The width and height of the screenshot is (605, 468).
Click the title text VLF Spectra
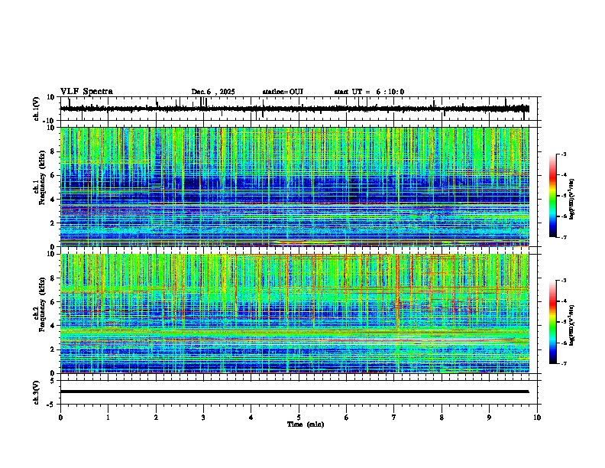pos(86,92)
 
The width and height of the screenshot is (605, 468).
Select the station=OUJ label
pos(283,92)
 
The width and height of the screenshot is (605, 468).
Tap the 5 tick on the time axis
pos(299,418)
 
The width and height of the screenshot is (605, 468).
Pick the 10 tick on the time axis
pos(537,418)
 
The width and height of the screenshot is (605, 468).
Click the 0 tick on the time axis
pos(60,418)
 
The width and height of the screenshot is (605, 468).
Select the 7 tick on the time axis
pos(394,418)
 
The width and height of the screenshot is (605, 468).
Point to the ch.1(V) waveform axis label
pos(36,109)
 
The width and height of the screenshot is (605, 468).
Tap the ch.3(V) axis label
pos(36,392)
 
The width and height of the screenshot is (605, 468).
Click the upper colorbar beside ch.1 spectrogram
pos(552,196)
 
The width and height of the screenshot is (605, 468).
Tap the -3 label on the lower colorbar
pos(564,281)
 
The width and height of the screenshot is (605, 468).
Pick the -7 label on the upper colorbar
pos(564,237)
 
